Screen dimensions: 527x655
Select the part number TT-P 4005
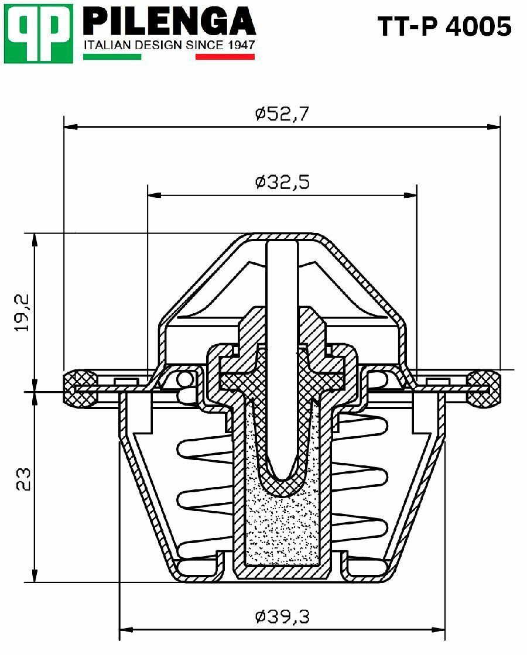point(444,27)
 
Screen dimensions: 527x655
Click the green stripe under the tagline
point(112,57)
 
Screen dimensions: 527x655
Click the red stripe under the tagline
point(225,57)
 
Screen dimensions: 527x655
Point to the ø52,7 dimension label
point(282,114)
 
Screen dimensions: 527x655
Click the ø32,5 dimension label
point(282,182)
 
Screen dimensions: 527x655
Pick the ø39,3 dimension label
point(282,616)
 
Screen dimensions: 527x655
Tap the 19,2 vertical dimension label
point(22,313)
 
